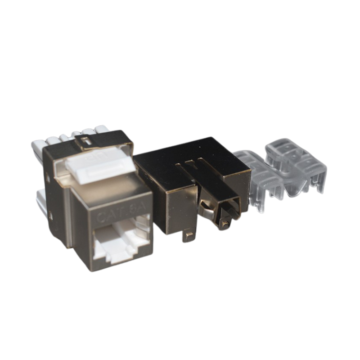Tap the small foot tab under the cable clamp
pyautogui.click(x=224, y=224)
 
